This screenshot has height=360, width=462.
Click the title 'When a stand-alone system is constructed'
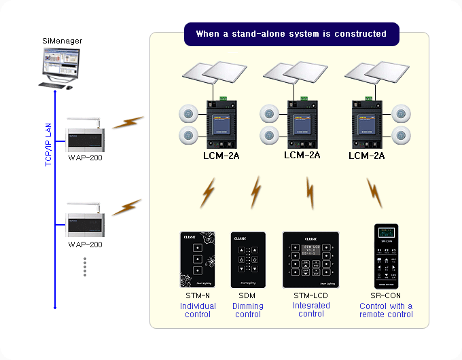click(x=291, y=34)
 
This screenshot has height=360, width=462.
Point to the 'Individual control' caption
click(x=198, y=310)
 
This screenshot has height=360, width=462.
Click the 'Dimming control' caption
click(x=247, y=310)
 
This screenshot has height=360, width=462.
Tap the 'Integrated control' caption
click(x=310, y=310)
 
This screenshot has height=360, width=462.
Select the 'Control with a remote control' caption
click(x=386, y=310)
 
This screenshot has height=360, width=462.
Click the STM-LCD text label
click(x=310, y=296)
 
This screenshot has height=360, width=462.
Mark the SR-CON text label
click(x=386, y=296)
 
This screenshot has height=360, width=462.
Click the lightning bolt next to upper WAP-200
click(x=128, y=123)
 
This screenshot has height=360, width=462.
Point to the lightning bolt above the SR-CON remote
click(x=374, y=193)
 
